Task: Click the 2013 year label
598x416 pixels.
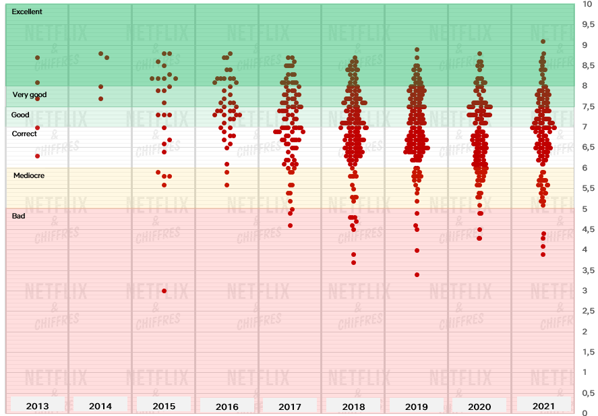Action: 37,406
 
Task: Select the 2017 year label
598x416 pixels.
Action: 290,407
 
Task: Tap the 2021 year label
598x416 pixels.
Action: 543,406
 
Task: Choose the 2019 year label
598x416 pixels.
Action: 417,407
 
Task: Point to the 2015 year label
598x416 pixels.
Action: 164,406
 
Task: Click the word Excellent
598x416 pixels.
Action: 27,12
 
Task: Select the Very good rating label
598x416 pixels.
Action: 30,94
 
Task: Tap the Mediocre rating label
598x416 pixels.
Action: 29,175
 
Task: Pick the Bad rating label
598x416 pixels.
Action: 18,216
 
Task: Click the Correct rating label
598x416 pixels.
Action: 26,133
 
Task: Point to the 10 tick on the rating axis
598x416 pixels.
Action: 587,4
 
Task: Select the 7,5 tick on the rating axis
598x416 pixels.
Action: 588,107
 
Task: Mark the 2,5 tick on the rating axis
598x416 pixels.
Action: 588,311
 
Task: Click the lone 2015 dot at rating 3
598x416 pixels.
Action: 165,291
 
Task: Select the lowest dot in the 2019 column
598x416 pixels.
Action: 417,274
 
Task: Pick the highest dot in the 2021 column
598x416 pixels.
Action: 543,41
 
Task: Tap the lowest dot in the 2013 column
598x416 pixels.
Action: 38,156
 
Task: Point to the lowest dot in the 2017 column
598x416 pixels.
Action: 290,225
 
